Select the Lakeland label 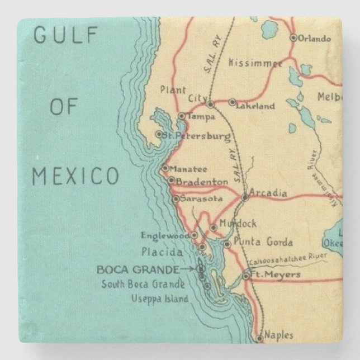click(x=257, y=106)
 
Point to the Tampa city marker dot click(x=181, y=116)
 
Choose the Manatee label click(x=188, y=169)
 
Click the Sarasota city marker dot click(x=176, y=198)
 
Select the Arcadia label click(x=268, y=193)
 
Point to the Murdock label click(x=239, y=224)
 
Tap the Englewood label click(x=165, y=235)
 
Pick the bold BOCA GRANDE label click(x=138, y=269)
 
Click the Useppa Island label click(x=159, y=299)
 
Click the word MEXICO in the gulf click(x=75, y=176)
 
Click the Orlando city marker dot click(x=293, y=38)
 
